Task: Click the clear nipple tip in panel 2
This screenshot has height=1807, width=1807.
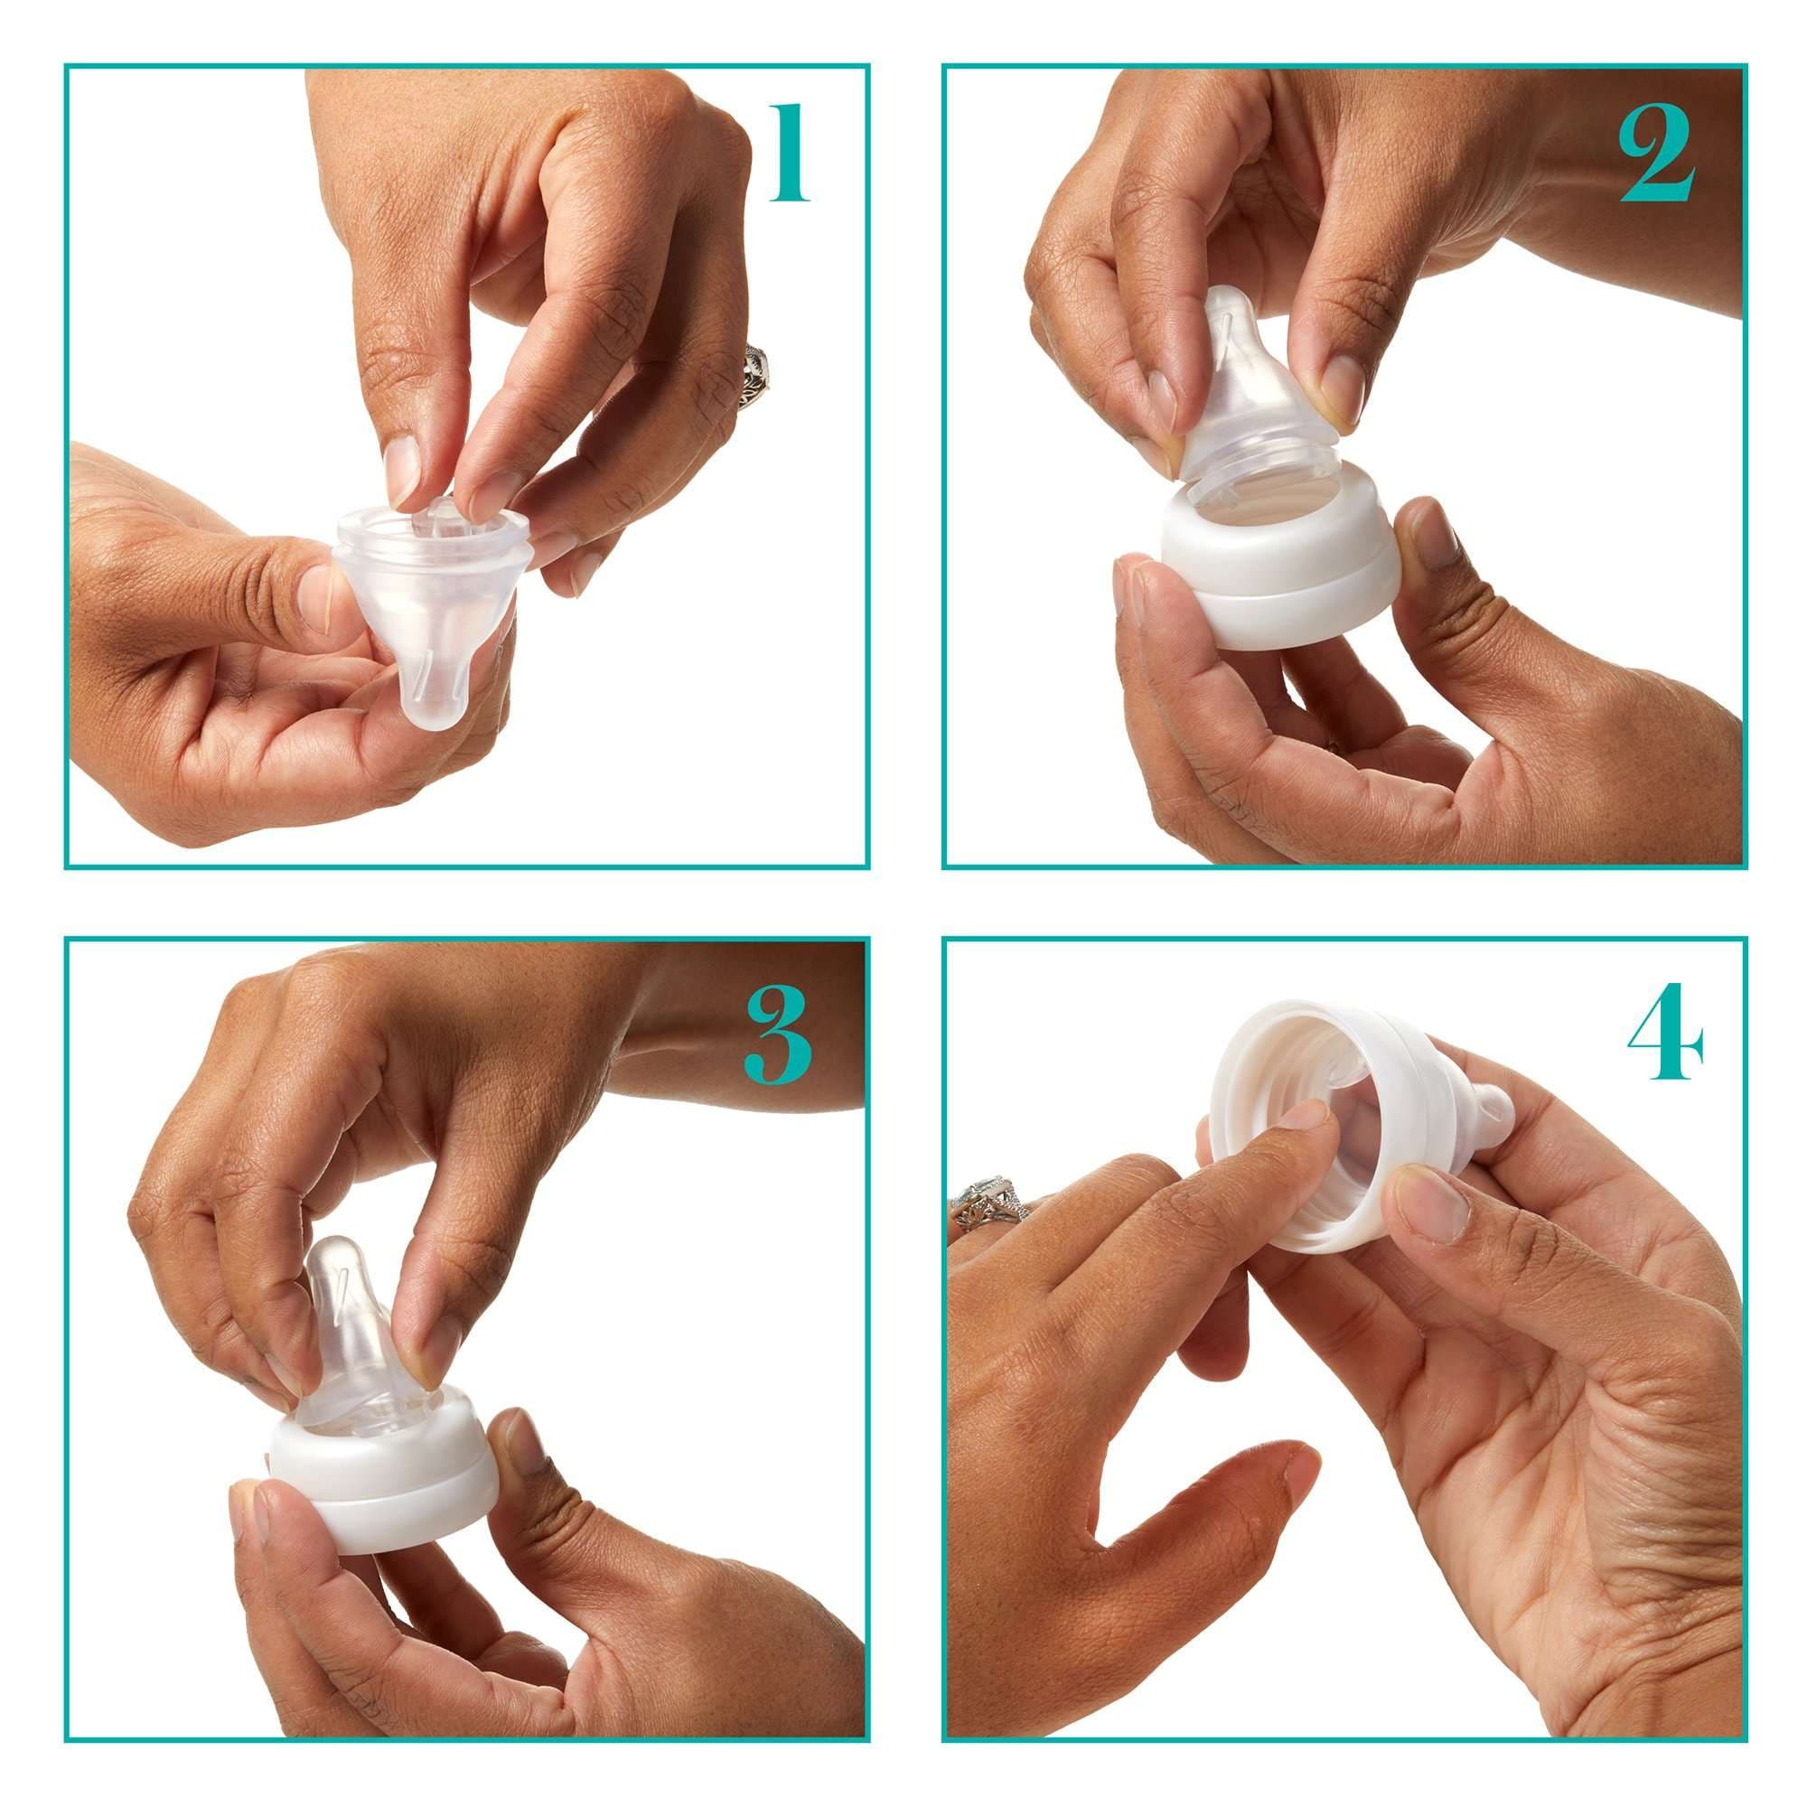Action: tap(1232, 318)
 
